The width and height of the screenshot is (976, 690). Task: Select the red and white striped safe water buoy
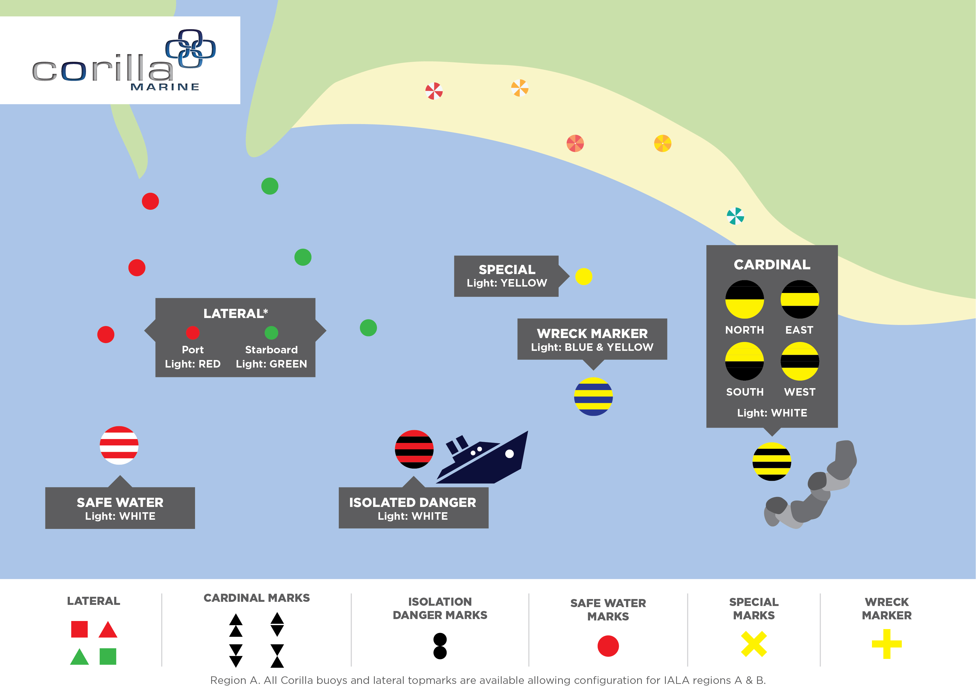(x=119, y=445)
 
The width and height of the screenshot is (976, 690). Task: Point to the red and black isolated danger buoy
(x=414, y=449)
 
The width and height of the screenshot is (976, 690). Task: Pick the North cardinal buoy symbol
(x=744, y=299)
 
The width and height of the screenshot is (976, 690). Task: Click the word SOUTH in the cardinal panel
(x=744, y=392)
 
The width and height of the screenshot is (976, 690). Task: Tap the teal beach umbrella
(x=735, y=216)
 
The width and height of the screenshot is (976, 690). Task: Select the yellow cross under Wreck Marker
(x=886, y=644)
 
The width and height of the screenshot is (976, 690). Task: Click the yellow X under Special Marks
(x=754, y=644)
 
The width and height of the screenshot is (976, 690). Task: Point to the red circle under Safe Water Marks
(x=608, y=646)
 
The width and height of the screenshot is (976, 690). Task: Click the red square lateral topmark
(x=80, y=629)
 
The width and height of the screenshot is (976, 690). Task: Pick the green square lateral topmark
(x=108, y=656)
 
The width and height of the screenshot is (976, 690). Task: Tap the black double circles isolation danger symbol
(x=440, y=646)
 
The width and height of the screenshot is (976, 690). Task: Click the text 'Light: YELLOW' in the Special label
(x=507, y=283)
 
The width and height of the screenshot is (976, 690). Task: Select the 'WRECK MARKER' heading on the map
(x=592, y=333)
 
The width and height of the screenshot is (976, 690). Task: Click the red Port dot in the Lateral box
(x=193, y=332)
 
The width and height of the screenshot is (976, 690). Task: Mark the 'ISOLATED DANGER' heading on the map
(x=412, y=502)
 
